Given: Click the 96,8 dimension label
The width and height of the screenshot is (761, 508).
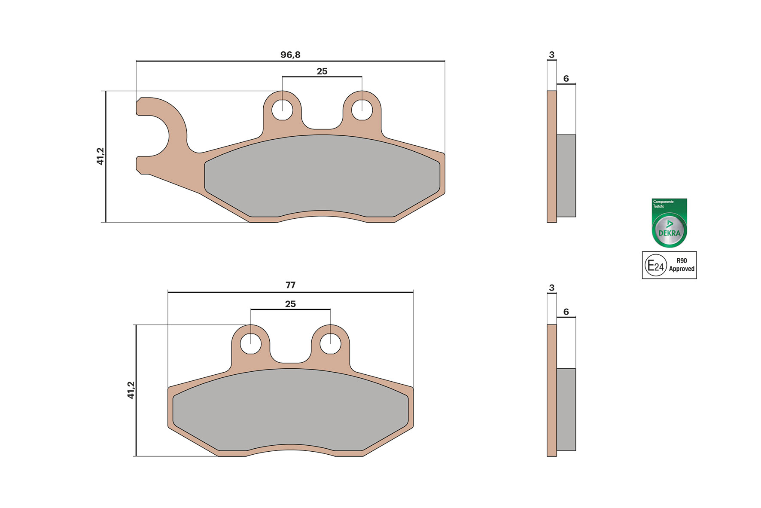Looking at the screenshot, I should [x=290, y=55].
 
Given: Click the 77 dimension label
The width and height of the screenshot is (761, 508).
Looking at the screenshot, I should [x=290, y=285].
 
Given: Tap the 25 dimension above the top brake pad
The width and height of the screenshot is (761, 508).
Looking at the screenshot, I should [x=322, y=71].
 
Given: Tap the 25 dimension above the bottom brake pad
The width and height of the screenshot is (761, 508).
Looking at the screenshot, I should [x=290, y=304].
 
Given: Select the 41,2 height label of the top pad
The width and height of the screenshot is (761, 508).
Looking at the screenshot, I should [x=100, y=156].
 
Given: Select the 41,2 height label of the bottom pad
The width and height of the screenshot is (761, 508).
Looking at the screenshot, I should [x=131, y=390].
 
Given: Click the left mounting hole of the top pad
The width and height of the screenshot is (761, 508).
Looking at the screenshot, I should [x=282, y=110].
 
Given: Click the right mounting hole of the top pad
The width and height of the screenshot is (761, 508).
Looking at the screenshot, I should [x=362, y=110].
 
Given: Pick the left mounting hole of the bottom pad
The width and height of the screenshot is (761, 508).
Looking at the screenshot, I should [x=251, y=344].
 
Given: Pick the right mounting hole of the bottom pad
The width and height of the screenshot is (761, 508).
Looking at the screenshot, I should [x=330, y=344].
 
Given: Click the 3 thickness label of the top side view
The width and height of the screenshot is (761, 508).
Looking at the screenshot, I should [x=551, y=55].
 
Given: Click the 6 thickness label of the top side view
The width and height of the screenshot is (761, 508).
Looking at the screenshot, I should [x=566, y=79].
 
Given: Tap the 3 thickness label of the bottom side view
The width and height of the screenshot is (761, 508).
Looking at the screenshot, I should [x=551, y=288].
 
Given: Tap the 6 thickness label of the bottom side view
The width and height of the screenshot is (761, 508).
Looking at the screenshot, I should [x=566, y=312].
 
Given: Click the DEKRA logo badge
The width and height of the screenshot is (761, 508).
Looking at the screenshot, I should [x=670, y=223].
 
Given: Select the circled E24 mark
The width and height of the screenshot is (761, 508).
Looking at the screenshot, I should [x=655, y=266].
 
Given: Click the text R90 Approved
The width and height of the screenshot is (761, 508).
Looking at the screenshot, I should [x=682, y=265].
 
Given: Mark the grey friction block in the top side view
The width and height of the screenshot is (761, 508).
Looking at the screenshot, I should [x=566, y=175].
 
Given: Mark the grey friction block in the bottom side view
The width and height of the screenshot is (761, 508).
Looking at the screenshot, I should [x=566, y=409].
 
